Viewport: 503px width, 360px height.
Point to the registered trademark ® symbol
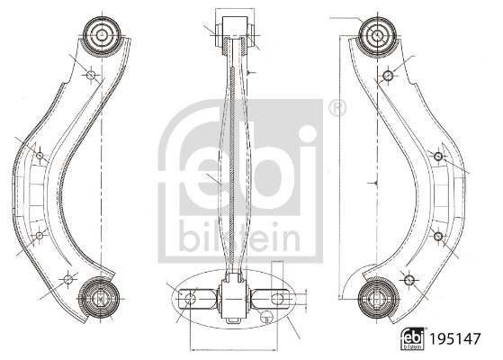point(337,109)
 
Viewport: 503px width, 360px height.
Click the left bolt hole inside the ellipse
point(189,296)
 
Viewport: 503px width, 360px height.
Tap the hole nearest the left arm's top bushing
point(90,75)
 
